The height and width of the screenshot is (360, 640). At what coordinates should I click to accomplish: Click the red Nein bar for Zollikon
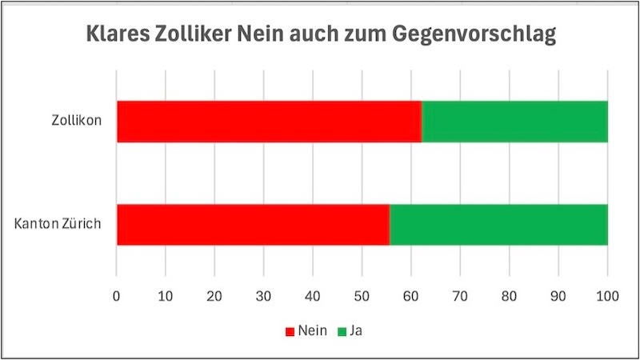click(269, 122)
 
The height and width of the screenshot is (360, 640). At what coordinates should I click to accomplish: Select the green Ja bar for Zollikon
click(514, 122)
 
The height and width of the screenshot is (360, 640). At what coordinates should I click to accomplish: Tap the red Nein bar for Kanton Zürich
click(253, 224)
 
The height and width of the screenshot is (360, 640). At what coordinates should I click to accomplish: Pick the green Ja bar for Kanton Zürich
click(498, 224)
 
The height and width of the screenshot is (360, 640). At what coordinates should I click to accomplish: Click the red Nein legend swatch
click(289, 330)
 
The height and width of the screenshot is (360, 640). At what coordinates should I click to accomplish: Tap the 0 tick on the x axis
click(117, 294)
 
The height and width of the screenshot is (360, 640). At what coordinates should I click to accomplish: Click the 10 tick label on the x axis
click(166, 294)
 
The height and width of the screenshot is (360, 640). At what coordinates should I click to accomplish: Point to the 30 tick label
click(264, 294)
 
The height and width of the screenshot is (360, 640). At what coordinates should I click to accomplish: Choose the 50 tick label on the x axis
click(362, 294)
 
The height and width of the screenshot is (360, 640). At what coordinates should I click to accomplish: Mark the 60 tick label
click(411, 294)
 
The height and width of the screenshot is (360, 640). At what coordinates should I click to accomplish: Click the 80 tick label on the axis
click(510, 294)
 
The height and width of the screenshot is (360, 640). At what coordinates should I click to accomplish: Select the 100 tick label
click(607, 294)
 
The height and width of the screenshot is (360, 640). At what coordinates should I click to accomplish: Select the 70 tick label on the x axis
click(460, 294)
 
